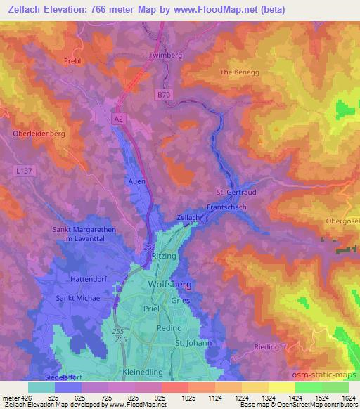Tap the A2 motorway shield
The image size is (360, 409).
(119, 119)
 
